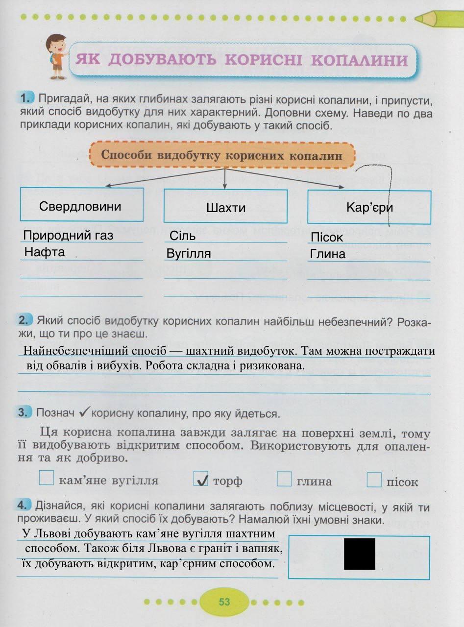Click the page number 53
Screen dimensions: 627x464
click(x=224, y=602)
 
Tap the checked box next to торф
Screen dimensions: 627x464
click(x=201, y=479)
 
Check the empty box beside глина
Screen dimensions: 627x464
click(x=284, y=479)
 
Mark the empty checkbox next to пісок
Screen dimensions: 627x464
click(x=374, y=480)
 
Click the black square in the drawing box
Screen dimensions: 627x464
click(x=360, y=554)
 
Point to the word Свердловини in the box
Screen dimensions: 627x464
click(x=80, y=206)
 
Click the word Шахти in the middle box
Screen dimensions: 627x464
click(x=226, y=208)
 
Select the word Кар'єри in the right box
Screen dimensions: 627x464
click(x=369, y=208)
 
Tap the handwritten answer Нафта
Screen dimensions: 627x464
click(x=45, y=253)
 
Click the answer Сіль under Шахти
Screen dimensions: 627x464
click(x=183, y=236)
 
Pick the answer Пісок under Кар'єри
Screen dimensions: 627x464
click(x=327, y=238)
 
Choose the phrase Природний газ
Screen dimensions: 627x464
click(x=68, y=236)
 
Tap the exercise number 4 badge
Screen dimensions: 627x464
click(x=25, y=505)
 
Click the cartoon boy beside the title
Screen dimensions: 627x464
click(x=55, y=57)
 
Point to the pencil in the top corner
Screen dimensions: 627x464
click(x=438, y=18)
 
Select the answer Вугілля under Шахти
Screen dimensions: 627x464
click(x=189, y=254)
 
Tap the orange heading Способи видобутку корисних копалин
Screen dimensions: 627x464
click(x=221, y=155)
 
